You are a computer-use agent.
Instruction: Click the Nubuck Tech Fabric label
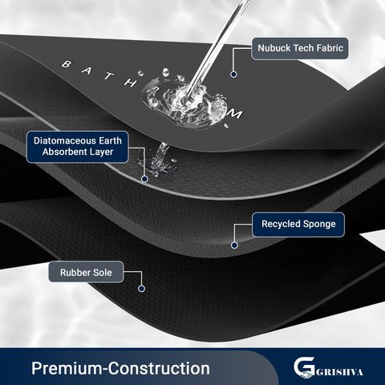pyautogui.click(x=300, y=48)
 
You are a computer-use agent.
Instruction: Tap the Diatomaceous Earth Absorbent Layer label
pyautogui.click(x=78, y=147)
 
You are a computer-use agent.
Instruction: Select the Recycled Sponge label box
pyautogui.click(x=298, y=225)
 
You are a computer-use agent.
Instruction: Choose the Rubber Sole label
pyautogui.click(x=86, y=272)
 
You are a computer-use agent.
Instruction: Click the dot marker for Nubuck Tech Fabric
pyautogui.click(x=233, y=75)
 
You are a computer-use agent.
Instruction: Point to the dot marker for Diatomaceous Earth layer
pyautogui.click(x=144, y=179)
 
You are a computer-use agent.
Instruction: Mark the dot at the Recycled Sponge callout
pyautogui.click(x=234, y=245)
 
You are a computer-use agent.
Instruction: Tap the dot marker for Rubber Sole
pyautogui.click(x=141, y=289)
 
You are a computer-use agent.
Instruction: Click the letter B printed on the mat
pyautogui.click(x=67, y=64)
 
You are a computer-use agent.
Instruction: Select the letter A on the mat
pyautogui.click(x=87, y=71)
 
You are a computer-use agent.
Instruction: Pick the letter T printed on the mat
pyautogui.click(x=108, y=76)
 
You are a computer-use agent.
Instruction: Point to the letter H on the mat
pyautogui.click(x=130, y=83)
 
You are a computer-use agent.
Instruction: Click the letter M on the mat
pyautogui.click(x=234, y=115)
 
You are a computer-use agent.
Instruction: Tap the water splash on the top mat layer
pyautogui.click(x=184, y=103)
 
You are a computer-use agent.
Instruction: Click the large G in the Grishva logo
pyautogui.click(x=304, y=367)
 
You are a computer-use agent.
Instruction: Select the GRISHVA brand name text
pyautogui.click(x=339, y=372)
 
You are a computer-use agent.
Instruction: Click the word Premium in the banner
pyautogui.click(x=67, y=368)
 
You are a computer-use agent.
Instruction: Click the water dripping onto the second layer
pyautogui.click(x=160, y=159)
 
